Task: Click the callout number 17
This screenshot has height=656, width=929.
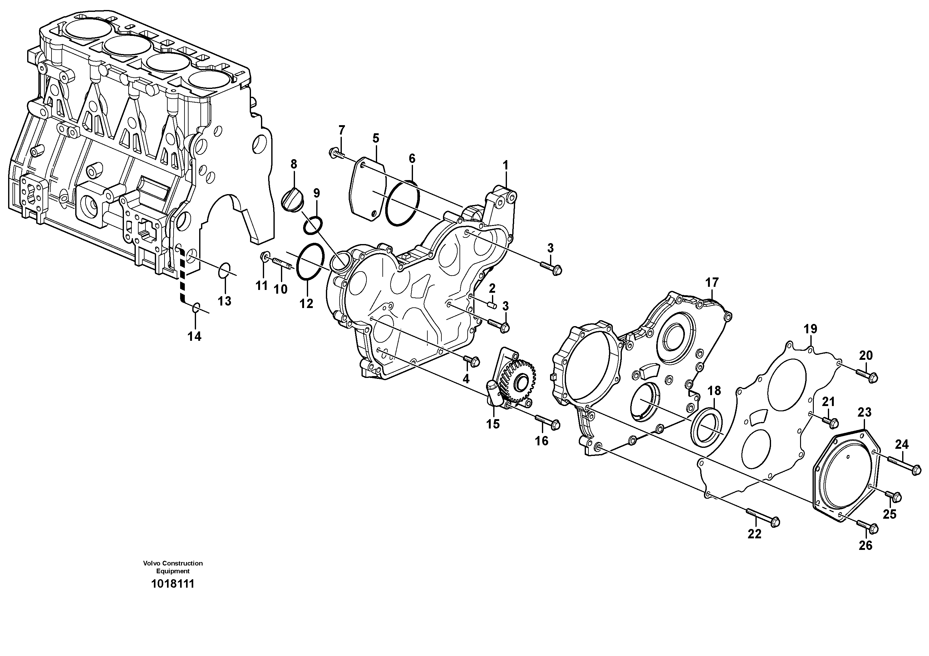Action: tap(712, 282)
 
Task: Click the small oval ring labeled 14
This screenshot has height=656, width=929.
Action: tap(195, 308)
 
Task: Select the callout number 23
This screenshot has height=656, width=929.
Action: tap(864, 413)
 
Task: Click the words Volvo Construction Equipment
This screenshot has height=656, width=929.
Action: tap(173, 567)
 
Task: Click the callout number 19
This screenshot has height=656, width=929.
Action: tap(810, 329)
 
